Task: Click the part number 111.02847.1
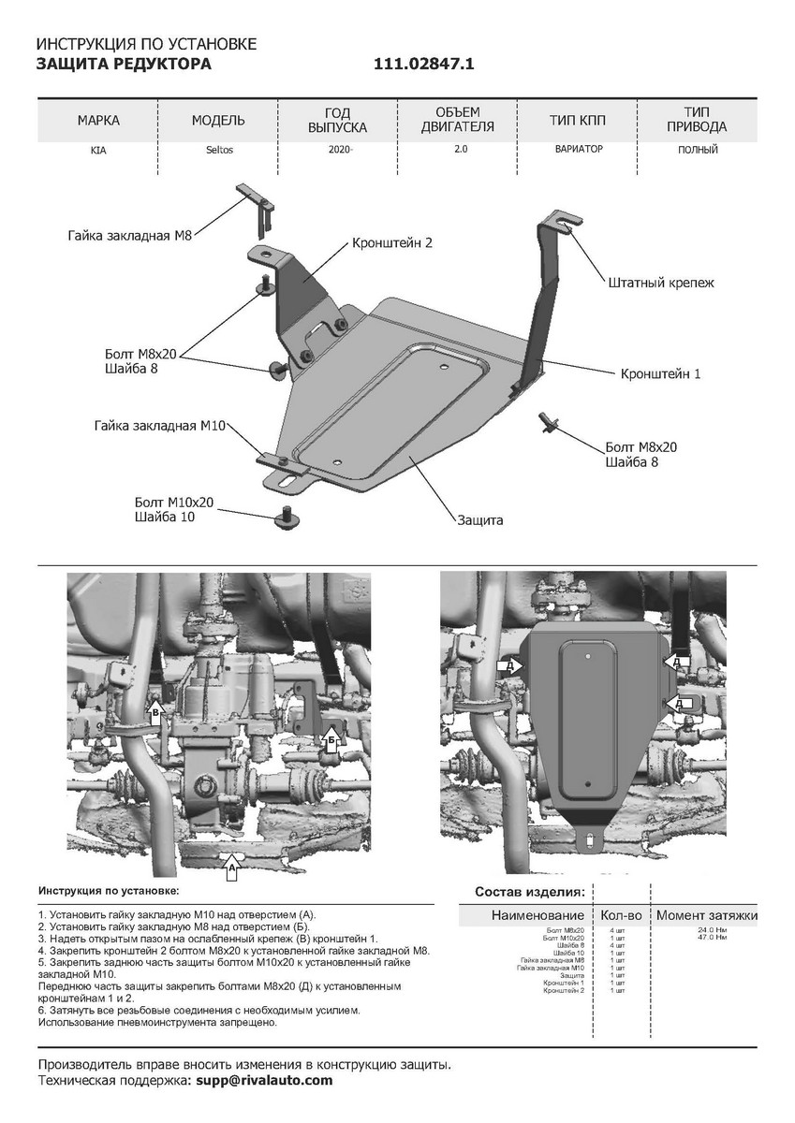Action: click(424, 64)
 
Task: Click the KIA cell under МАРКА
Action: click(98, 150)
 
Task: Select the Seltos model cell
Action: click(218, 150)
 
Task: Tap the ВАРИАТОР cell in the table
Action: click(578, 149)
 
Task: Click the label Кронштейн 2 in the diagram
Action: click(391, 242)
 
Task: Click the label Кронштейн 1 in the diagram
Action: click(660, 373)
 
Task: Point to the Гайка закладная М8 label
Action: click(129, 236)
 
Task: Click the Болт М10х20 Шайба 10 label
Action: click(174, 509)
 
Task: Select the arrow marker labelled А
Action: click(230, 867)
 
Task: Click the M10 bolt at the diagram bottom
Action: click(285, 516)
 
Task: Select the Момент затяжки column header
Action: click(707, 914)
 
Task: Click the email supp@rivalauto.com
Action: click(265, 1080)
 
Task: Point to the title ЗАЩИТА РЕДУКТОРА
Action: click(124, 64)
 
